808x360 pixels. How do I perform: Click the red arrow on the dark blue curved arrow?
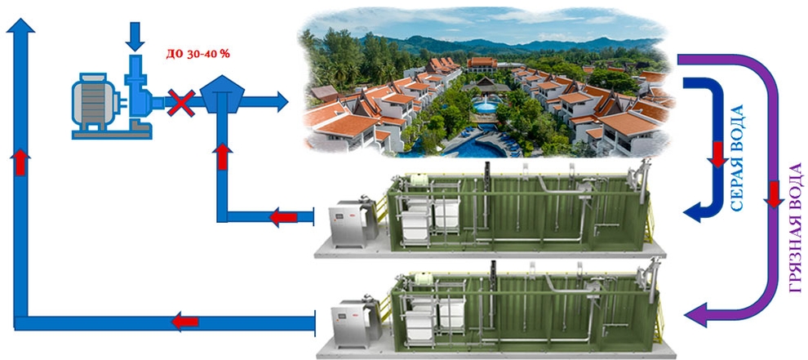click(x=718, y=154)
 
